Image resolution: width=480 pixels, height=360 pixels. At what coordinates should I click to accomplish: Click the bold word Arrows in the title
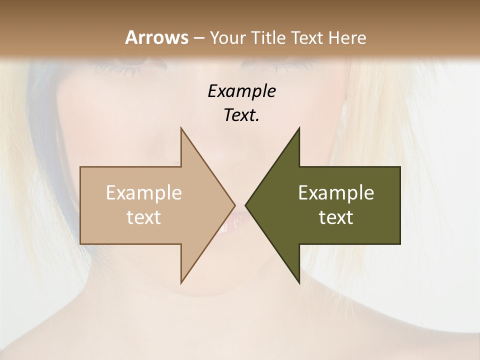coord(156,37)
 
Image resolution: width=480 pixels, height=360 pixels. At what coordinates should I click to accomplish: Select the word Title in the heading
coord(269,38)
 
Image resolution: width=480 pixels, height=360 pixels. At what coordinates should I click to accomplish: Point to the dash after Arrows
coord(198,38)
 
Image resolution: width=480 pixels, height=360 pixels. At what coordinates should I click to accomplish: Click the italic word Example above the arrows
coord(241,91)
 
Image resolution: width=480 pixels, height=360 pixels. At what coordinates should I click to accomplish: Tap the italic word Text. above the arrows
coord(241,115)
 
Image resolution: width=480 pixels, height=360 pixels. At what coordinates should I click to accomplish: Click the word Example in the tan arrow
coord(144,193)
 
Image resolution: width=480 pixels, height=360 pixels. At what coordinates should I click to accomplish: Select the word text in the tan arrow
coord(144,217)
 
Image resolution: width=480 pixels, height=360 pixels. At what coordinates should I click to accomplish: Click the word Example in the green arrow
coord(336,193)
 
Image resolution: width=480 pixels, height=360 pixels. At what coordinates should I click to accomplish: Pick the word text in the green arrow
coord(336,217)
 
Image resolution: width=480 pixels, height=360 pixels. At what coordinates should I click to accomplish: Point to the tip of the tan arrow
coord(234,205)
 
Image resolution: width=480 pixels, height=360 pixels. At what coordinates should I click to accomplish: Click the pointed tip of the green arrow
coord(246,205)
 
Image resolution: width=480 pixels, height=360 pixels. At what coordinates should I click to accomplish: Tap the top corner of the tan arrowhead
coord(181,128)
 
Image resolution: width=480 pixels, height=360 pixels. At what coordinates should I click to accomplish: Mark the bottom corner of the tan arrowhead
coord(181,282)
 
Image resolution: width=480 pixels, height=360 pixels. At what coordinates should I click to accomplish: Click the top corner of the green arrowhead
coord(299,128)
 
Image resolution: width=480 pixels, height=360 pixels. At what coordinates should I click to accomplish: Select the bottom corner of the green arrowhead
coord(299,282)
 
